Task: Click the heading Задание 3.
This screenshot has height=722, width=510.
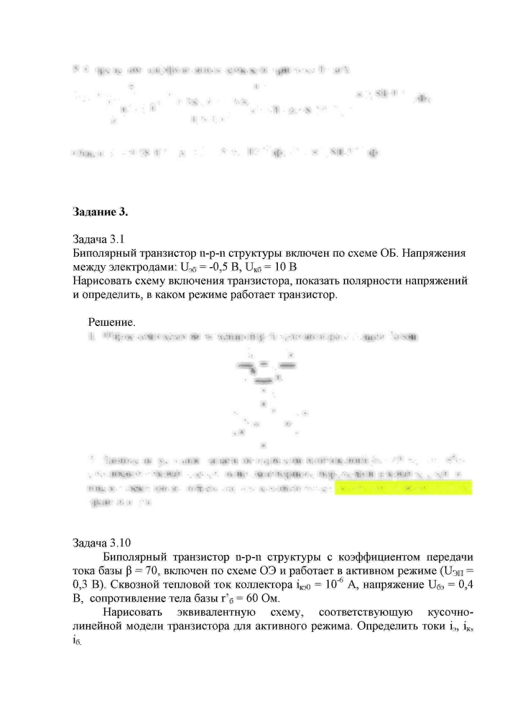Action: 100,212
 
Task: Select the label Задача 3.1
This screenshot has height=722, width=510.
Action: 98,239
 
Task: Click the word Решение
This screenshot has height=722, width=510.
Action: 111,322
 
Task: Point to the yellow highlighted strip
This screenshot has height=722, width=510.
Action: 403,487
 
